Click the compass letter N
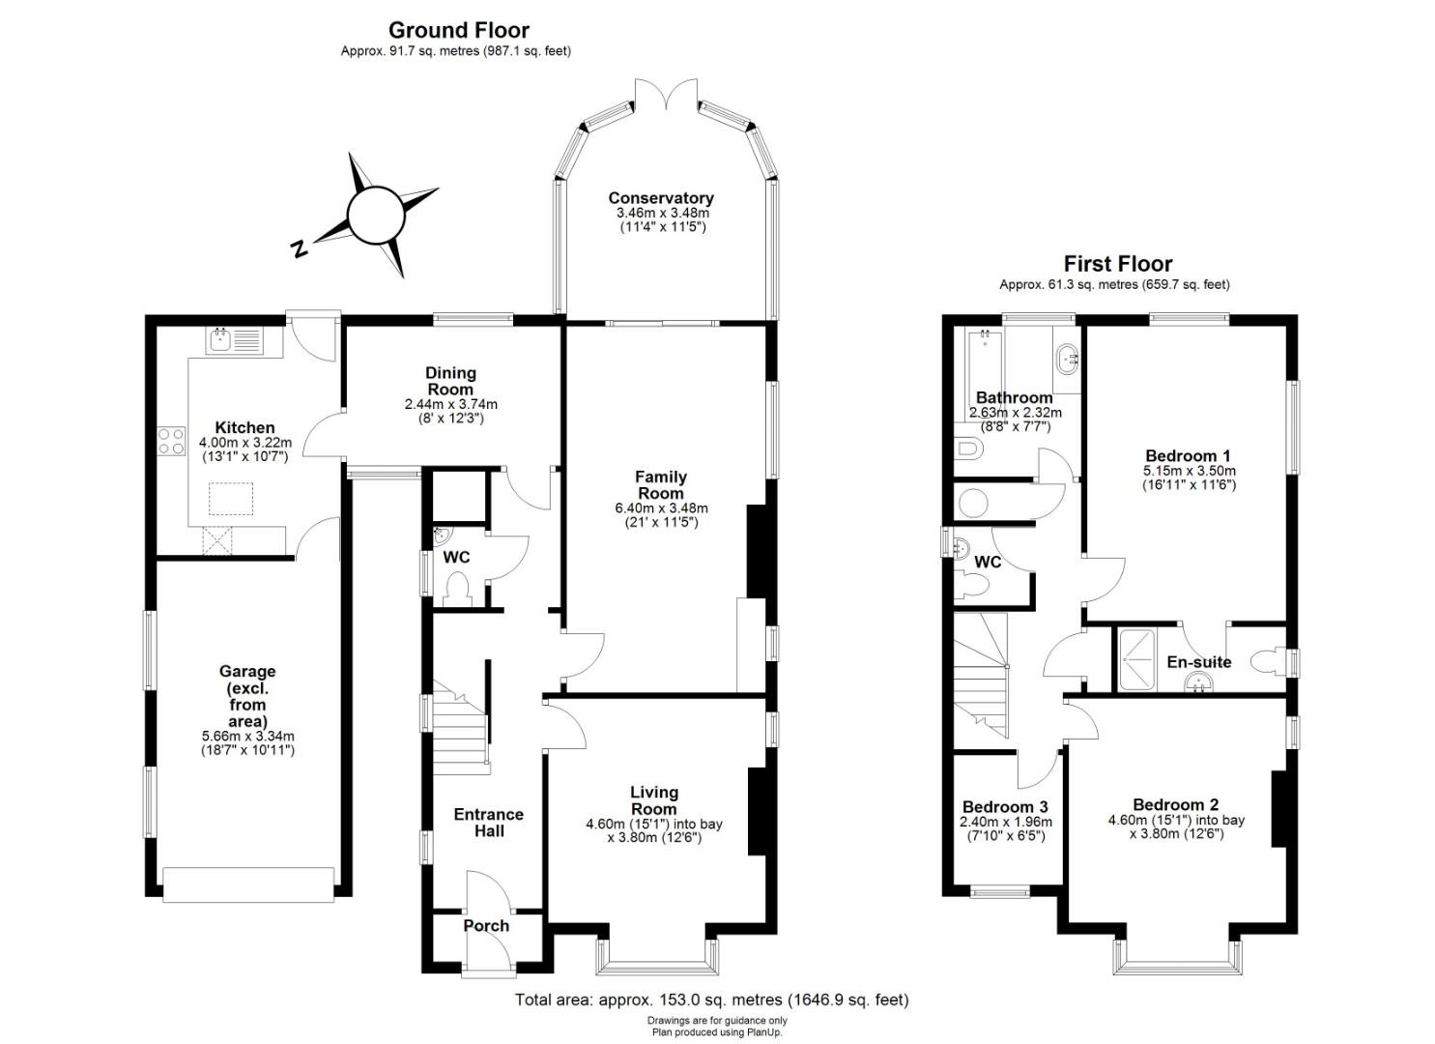299,249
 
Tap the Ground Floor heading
459,30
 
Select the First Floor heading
1118,263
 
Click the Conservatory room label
660,198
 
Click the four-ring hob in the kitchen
171,441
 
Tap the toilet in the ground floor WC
457,589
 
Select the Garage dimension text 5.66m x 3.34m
248,737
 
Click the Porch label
486,926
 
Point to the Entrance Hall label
489,823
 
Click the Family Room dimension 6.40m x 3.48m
661,508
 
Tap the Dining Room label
450,381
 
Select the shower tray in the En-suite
1137,660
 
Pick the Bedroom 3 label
1005,807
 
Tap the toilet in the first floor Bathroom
968,449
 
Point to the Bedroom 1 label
1188,455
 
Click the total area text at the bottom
712,1000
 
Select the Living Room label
653,800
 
